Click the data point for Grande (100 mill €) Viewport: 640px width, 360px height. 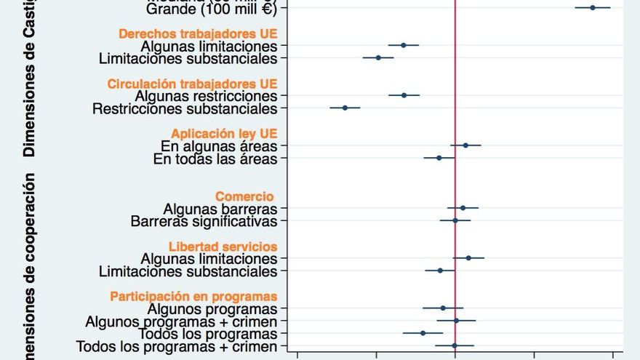point(593,8)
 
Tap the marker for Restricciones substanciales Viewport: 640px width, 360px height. point(345,108)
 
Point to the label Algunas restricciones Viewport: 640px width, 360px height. point(206,96)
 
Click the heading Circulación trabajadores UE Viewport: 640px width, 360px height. point(192,84)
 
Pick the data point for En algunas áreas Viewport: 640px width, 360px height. point(466,145)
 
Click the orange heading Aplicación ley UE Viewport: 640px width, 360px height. point(224,133)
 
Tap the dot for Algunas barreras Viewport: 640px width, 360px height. point(463,208)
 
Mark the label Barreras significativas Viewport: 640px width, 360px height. point(204,221)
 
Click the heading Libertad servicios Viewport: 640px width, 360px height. point(223,247)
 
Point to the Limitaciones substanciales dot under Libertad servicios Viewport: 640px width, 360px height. point(440,271)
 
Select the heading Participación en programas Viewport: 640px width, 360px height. point(193,296)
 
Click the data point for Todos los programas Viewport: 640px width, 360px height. point(423,333)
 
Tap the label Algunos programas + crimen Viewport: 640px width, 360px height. point(181,321)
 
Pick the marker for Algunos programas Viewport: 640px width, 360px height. point(443,308)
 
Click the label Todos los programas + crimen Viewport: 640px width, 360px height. point(177,347)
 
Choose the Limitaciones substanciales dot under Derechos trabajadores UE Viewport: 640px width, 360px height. point(378,57)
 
